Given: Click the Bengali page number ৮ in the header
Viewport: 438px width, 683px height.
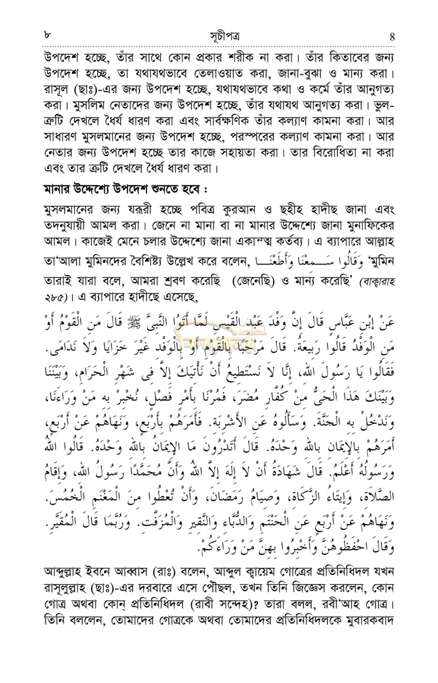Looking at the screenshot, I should (x=46, y=35).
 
